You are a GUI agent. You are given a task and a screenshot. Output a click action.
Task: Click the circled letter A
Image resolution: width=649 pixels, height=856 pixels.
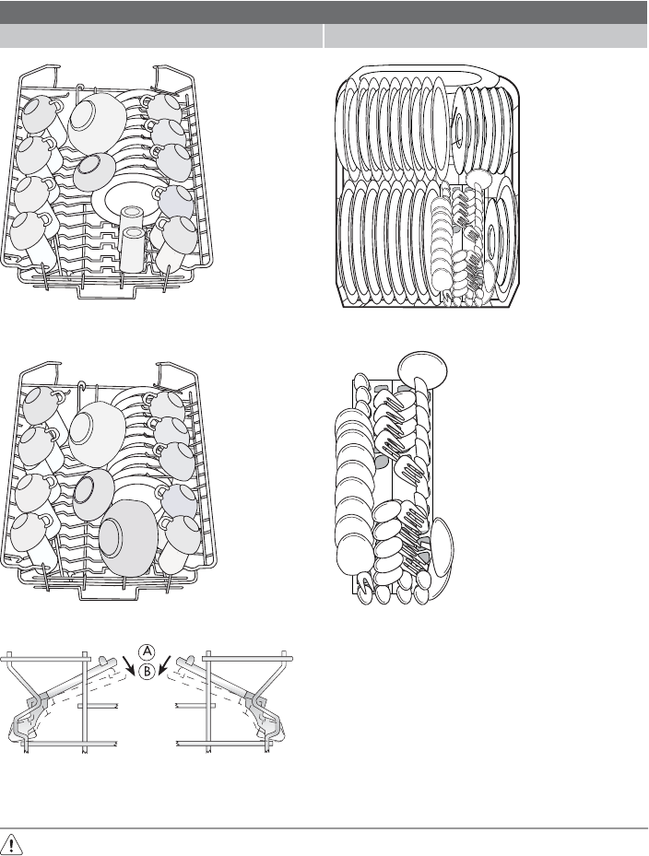pyautogui.click(x=147, y=651)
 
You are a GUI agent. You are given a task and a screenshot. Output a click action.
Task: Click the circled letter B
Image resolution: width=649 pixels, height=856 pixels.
pyautogui.click(x=147, y=672)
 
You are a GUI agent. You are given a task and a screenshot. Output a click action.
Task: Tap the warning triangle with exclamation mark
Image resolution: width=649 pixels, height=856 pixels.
pyautogui.click(x=13, y=844)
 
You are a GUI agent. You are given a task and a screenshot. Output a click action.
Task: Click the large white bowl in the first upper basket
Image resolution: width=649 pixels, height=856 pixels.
pyautogui.click(x=97, y=122)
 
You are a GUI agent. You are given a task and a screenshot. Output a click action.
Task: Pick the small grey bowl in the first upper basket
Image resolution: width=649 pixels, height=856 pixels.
pyautogui.click(x=94, y=171)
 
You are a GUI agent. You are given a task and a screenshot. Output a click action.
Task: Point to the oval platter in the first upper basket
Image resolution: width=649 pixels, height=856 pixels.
pyautogui.click(x=127, y=198)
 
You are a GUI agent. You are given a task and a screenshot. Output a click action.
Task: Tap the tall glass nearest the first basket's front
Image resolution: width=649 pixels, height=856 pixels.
pyautogui.click(x=134, y=249)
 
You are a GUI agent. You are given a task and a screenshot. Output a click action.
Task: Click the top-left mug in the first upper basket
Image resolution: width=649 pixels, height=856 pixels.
pyautogui.click(x=41, y=113)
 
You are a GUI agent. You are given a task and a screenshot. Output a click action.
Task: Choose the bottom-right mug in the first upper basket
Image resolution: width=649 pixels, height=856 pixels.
pyautogui.click(x=175, y=240)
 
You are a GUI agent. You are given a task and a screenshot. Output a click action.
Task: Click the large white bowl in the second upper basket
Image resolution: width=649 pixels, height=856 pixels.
pyautogui.click(x=97, y=433)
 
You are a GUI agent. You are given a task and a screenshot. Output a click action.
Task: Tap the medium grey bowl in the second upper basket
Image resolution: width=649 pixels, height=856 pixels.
pyautogui.click(x=93, y=494)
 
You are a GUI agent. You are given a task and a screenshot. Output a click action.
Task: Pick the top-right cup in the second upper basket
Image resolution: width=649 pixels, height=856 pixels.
pyautogui.click(x=167, y=405)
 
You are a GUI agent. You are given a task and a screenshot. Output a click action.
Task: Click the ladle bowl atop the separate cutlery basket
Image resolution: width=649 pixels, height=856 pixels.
pyautogui.click(x=423, y=369)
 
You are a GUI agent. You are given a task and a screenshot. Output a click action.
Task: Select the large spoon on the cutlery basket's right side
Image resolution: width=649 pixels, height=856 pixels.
pyautogui.click(x=441, y=548)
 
